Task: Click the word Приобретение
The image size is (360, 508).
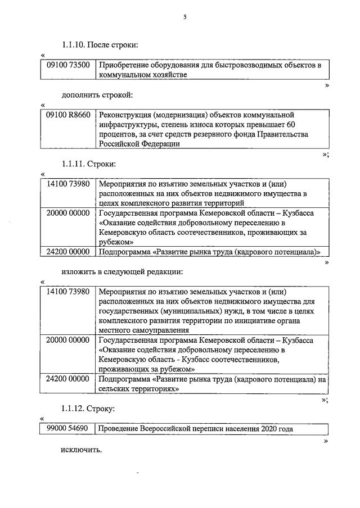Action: click(x=125, y=65)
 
